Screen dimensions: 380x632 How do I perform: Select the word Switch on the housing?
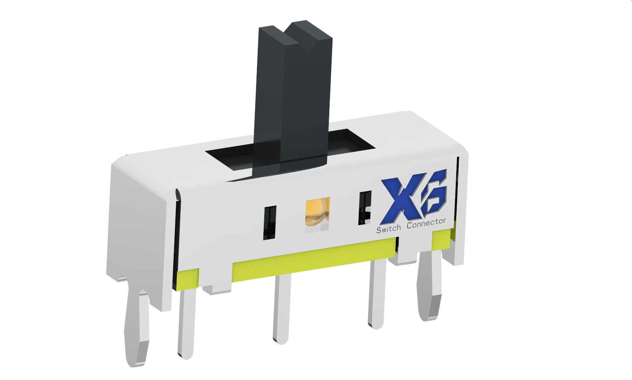[x=388, y=229]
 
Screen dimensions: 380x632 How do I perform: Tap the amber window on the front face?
[x=317, y=212]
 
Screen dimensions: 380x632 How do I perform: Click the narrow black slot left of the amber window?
[x=270, y=222]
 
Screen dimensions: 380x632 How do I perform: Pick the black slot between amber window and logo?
[x=364, y=208]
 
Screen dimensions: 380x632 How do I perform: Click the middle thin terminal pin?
[x=281, y=309]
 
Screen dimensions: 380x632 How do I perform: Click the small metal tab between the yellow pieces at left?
[x=217, y=289]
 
